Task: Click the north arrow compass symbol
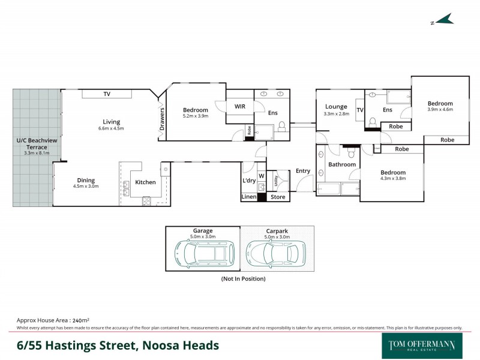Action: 443,20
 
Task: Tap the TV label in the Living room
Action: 107,94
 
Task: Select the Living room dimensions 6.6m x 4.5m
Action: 111,128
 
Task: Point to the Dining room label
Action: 86,180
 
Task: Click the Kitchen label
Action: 145,182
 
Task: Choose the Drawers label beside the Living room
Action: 162,119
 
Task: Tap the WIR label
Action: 240,106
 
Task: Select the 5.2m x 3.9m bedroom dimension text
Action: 196,116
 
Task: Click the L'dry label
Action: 249,181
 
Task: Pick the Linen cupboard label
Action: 249,197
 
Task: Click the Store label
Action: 278,197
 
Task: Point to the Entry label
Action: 303,171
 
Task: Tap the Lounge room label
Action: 335,107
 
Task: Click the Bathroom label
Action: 342,164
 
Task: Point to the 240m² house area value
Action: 80,321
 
